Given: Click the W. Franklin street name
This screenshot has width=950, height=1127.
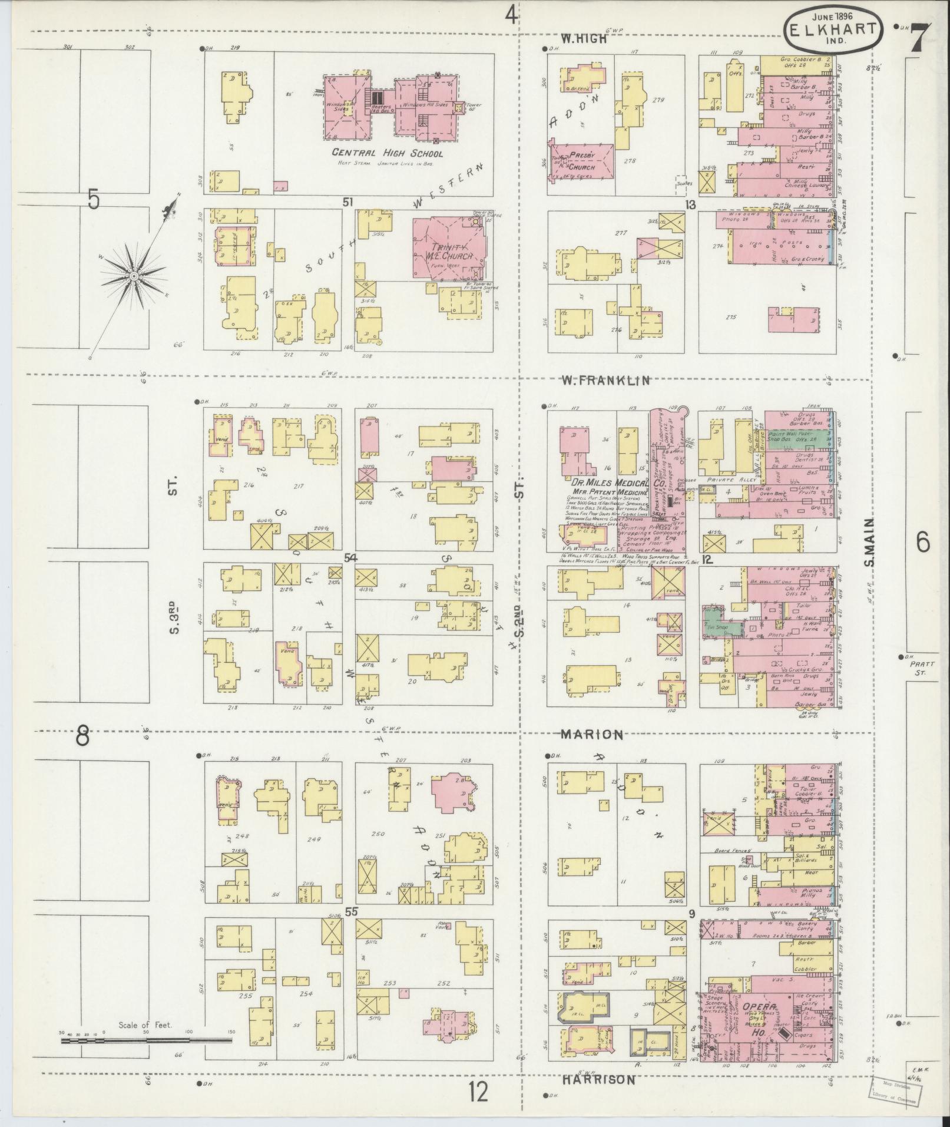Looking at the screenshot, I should (x=605, y=381).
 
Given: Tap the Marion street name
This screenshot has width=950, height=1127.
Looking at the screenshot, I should (x=591, y=735).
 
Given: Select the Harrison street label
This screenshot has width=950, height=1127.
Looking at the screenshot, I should (x=598, y=1080).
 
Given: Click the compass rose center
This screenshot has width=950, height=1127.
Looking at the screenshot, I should (x=134, y=275).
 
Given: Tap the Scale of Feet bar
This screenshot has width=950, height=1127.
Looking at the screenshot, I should (x=146, y=1040).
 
